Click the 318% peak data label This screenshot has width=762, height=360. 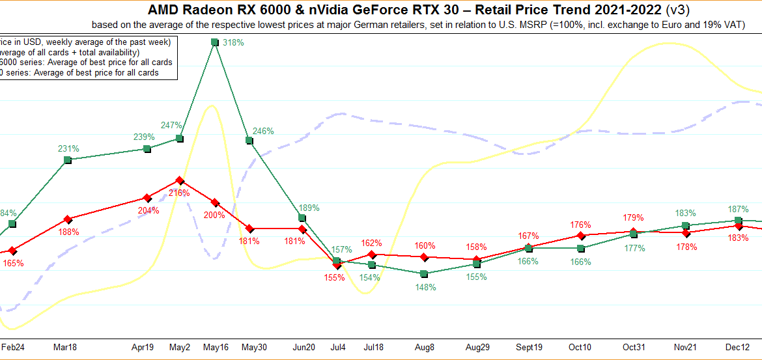[x=233, y=43]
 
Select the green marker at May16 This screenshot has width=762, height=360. [x=214, y=42]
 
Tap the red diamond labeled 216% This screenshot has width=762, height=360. [x=180, y=180]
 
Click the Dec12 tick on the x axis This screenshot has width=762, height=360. [x=739, y=347]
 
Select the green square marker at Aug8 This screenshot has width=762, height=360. [x=424, y=273]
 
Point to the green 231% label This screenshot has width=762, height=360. [x=68, y=148]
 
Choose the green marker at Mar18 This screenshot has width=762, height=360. [x=68, y=159]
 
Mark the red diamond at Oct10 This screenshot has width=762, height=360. [x=580, y=236]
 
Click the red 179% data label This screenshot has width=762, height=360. [x=633, y=217]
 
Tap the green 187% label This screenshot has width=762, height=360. [x=738, y=209]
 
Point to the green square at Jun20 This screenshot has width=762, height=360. [x=302, y=217]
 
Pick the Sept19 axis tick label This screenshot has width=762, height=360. [x=528, y=347]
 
